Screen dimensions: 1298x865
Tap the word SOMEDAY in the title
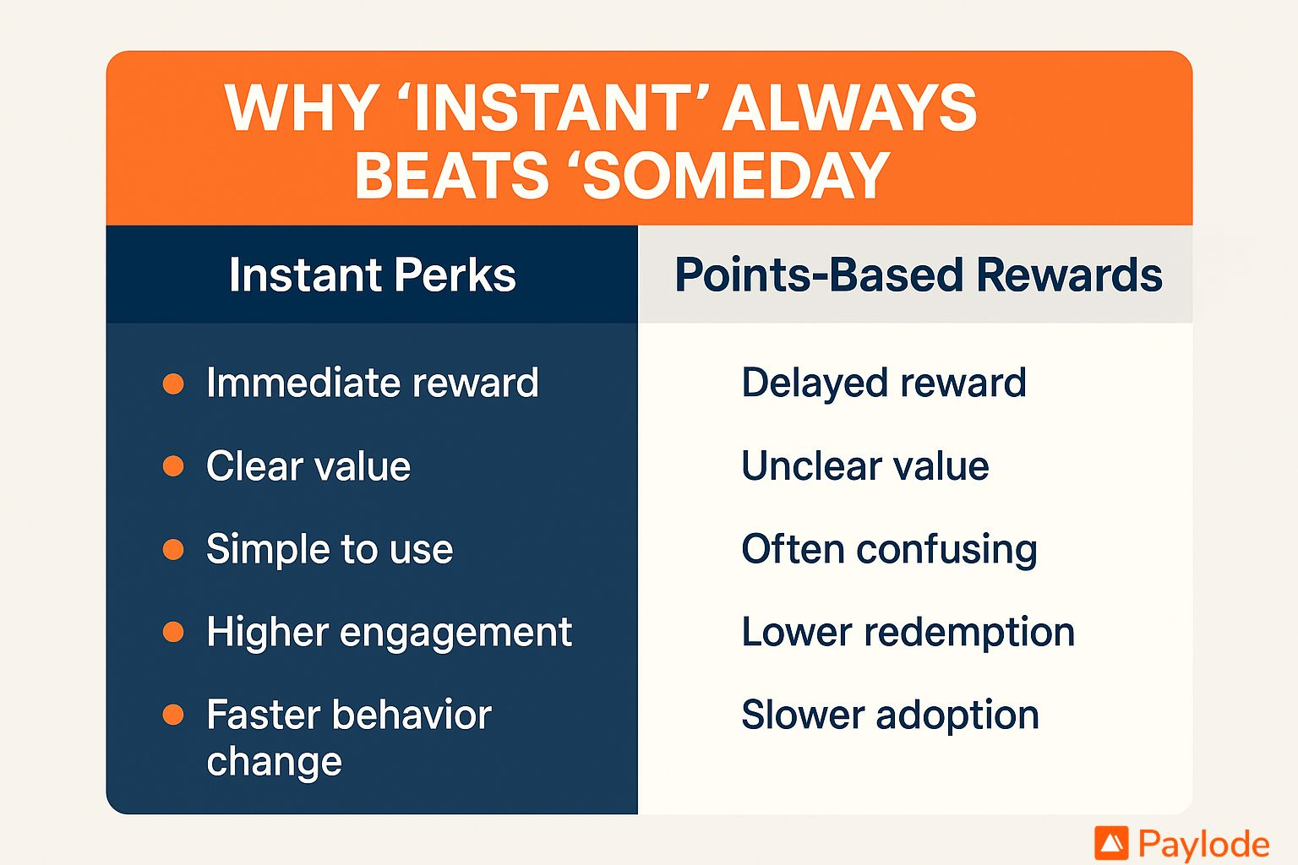(x=736, y=175)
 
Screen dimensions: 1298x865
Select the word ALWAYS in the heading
(x=850, y=108)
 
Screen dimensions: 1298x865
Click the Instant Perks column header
(x=373, y=275)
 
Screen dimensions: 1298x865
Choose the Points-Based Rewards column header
(x=919, y=275)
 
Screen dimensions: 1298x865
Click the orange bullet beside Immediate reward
(x=173, y=384)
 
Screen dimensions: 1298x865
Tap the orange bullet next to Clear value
(x=173, y=466)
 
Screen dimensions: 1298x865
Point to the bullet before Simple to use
(x=173, y=549)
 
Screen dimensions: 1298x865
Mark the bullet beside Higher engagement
(x=173, y=632)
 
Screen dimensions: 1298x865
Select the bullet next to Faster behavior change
(x=173, y=715)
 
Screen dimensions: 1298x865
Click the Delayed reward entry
(x=884, y=384)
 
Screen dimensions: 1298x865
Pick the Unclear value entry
(x=865, y=466)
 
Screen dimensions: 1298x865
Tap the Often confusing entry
(x=890, y=550)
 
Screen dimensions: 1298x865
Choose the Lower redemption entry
(x=908, y=632)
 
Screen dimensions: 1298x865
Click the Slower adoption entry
(x=890, y=715)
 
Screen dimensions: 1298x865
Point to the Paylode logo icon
(x=1111, y=843)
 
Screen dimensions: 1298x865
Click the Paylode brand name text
(x=1204, y=845)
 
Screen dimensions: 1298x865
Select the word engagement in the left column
(x=455, y=634)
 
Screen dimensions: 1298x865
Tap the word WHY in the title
(x=303, y=108)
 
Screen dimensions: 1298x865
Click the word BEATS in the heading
(x=451, y=175)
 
